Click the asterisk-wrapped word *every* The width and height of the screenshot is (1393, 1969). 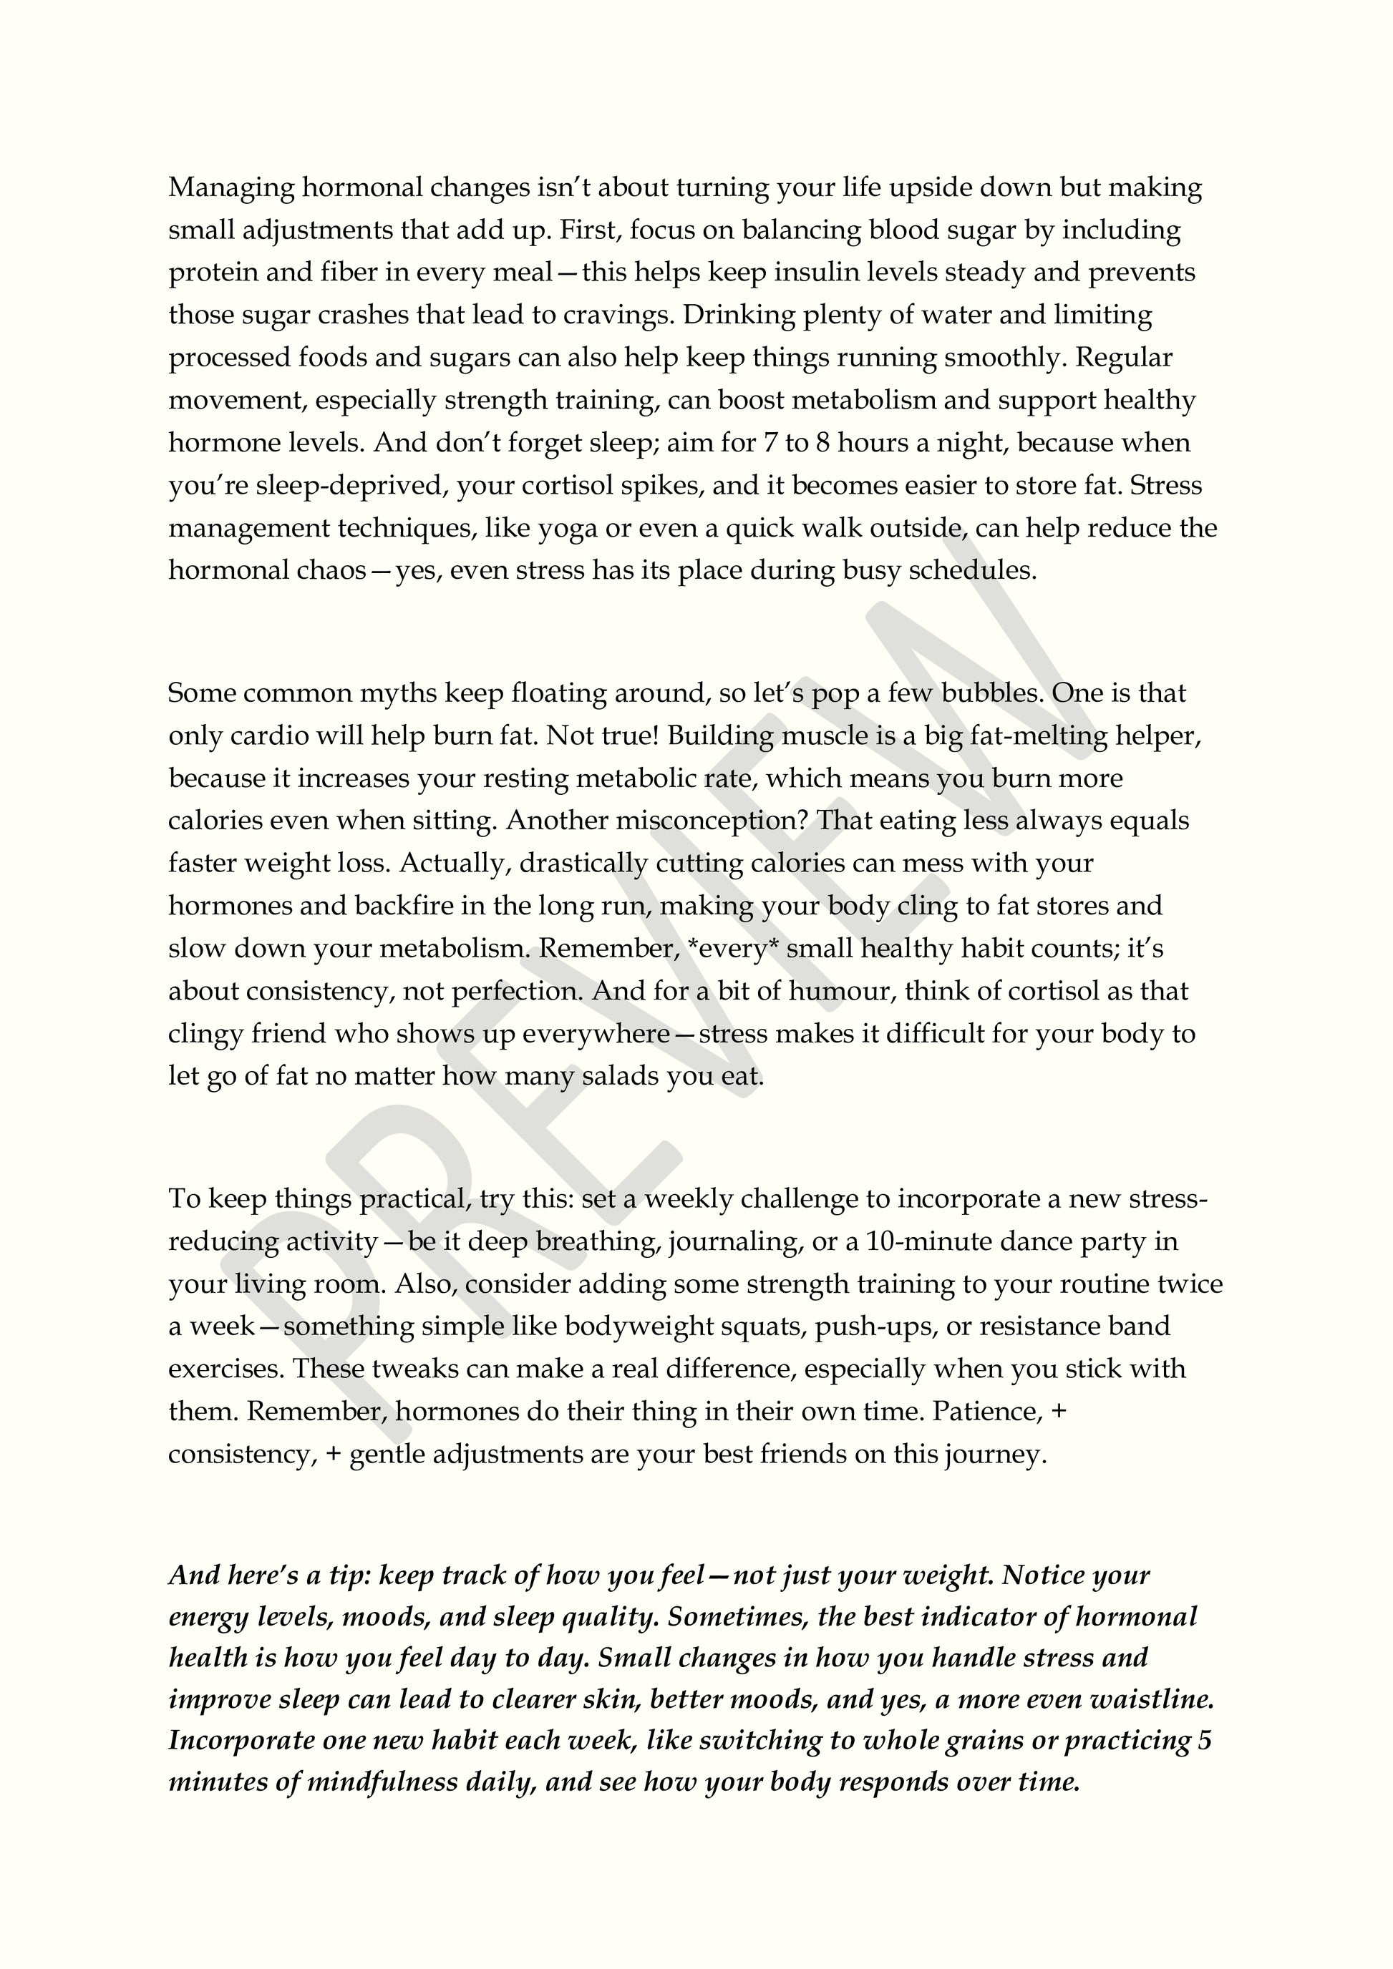click(x=732, y=949)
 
